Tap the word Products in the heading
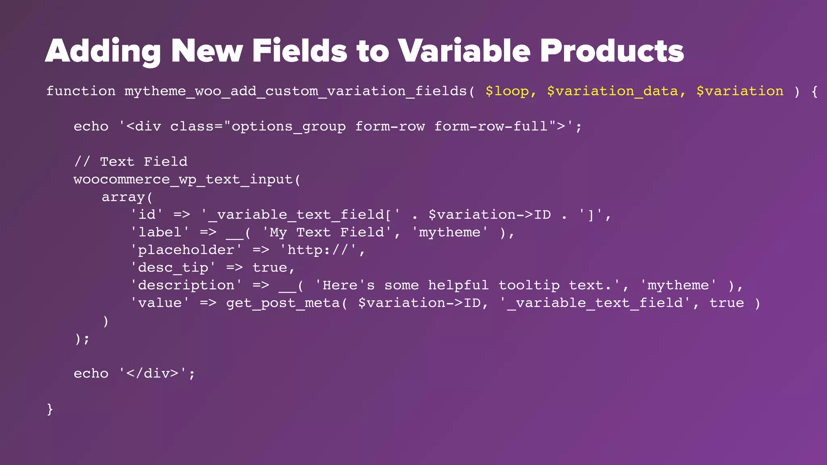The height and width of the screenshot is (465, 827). [x=612, y=51]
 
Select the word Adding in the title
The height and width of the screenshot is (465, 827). [x=103, y=51]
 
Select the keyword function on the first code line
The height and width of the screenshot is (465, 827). [x=81, y=91]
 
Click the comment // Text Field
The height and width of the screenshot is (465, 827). [x=131, y=162]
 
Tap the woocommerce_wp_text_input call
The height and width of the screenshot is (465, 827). [x=187, y=180]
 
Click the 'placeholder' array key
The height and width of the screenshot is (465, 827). [x=186, y=250]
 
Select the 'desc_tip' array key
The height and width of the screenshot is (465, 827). [x=173, y=268]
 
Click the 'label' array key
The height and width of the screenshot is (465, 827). [x=160, y=232]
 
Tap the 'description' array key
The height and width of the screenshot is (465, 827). [x=186, y=285]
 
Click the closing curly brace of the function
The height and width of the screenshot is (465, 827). [x=50, y=409]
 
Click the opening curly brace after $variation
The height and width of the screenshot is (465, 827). [x=814, y=91]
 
